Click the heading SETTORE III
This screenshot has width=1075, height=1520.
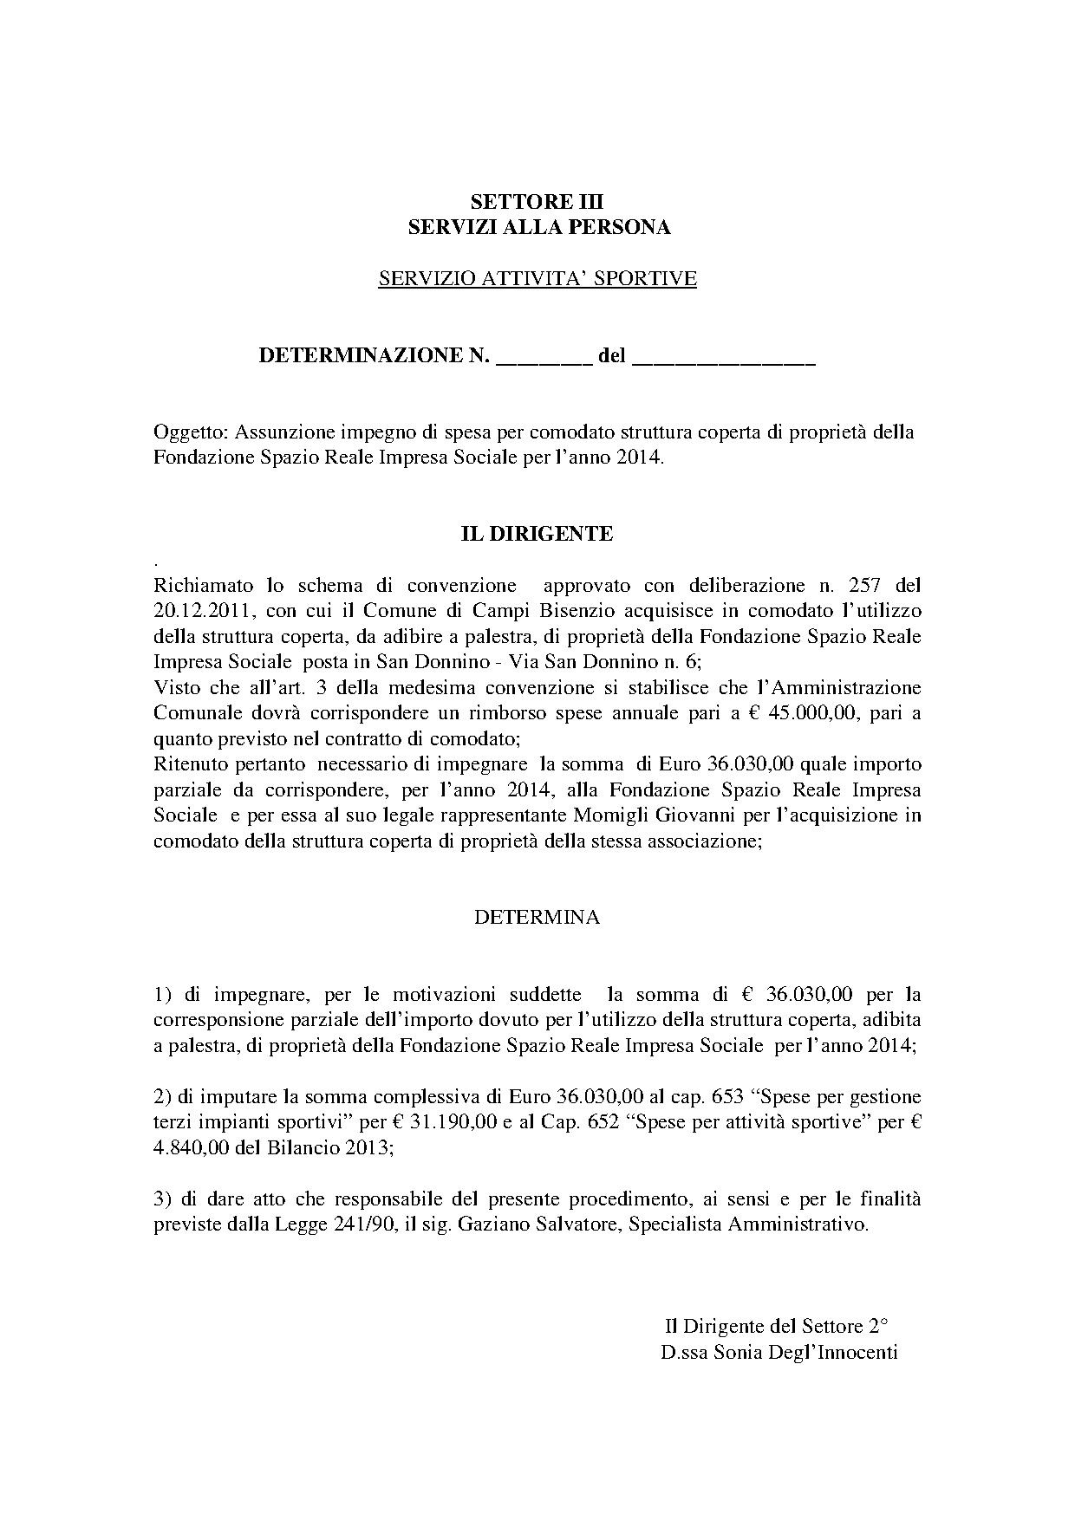(537, 202)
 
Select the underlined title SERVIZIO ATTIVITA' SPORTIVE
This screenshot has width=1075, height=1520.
(537, 278)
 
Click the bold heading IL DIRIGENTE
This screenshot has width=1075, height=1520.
(536, 534)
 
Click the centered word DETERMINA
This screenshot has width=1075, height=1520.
(537, 918)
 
